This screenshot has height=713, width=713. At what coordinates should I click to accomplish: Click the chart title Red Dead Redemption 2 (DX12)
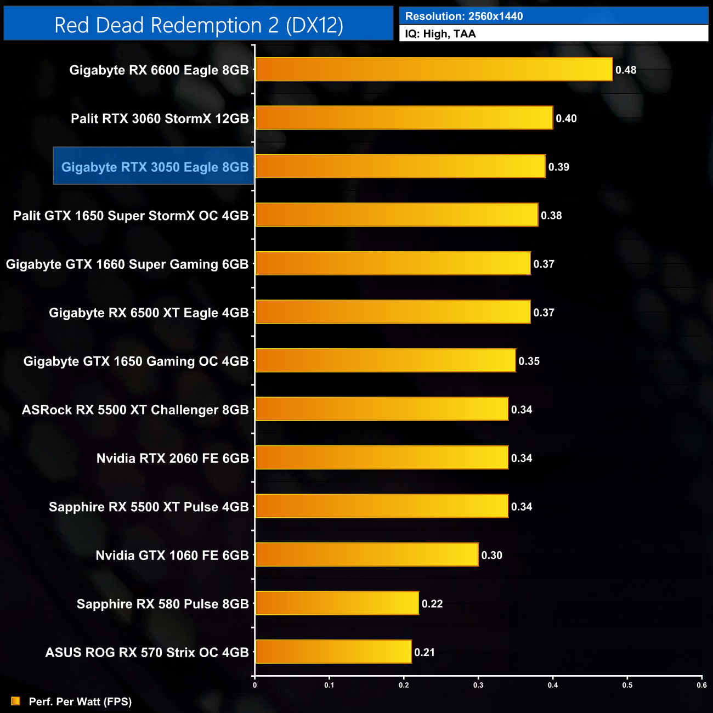[x=199, y=25]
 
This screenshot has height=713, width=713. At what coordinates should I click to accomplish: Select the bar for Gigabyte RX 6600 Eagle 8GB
[x=433, y=70]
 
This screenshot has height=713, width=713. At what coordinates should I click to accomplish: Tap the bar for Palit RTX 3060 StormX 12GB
[x=404, y=118]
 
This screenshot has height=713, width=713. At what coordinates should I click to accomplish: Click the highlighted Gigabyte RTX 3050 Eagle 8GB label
[x=155, y=167]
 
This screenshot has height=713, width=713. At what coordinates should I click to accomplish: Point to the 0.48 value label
[x=626, y=70]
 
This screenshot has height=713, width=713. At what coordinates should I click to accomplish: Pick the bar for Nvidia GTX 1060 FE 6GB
[x=366, y=554]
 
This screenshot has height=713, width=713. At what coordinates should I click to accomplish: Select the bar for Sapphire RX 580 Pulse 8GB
[x=337, y=603]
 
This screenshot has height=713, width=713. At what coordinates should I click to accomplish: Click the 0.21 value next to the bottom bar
[x=425, y=652]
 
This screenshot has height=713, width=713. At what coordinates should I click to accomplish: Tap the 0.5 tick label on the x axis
[x=627, y=685]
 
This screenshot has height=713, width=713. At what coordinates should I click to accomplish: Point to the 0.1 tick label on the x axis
[x=329, y=685]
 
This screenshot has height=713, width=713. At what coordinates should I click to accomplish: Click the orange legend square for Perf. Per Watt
[x=15, y=701]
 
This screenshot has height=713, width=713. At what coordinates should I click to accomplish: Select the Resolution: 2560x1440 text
[x=464, y=16]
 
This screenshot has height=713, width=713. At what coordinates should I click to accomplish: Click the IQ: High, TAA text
[x=440, y=33]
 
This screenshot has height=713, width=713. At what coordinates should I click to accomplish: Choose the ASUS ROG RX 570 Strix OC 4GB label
[x=147, y=652]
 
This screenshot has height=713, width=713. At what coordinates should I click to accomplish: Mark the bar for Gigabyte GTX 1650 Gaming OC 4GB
[x=385, y=360]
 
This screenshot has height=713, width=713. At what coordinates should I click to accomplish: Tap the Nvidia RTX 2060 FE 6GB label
[x=172, y=458]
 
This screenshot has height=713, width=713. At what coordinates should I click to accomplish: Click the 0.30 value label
[x=491, y=555]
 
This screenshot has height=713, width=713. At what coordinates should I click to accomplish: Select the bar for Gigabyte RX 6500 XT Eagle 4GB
[x=393, y=312]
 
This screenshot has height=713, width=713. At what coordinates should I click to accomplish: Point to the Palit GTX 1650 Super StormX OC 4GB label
[x=131, y=216]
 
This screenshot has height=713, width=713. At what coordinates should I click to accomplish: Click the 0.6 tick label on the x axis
[x=701, y=685]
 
